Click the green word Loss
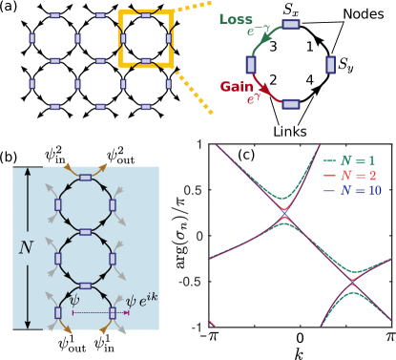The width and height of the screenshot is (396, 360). (x=236, y=19)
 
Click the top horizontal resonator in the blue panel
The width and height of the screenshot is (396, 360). (x=85, y=177)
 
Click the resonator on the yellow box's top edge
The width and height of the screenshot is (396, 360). (x=145, y=16)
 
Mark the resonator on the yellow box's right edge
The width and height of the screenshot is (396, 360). (x=168, y=38)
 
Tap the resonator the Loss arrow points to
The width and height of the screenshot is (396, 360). (x=291, y=25)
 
